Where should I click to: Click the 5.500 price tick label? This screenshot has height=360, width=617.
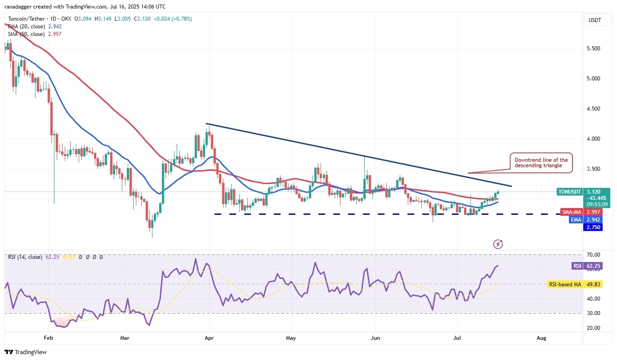[x=593, y=49]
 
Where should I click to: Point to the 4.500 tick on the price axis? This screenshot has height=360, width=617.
[x=593, y=109]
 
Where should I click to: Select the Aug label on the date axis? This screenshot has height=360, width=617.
[x=541, y=337]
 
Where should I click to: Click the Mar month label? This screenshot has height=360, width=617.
[x=125, y=337]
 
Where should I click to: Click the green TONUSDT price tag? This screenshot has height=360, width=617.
[x=569, y=191]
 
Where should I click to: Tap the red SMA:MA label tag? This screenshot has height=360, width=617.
[x=572, y=212]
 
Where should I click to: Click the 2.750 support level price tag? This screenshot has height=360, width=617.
[x=593, y=227]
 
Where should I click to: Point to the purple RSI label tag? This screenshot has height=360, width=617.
[x=577, y=266]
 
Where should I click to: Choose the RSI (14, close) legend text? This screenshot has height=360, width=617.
[x=25, y=257]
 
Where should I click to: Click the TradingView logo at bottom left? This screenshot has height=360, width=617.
[x=26, y=352]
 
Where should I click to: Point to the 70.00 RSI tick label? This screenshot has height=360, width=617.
[x=593, y=255]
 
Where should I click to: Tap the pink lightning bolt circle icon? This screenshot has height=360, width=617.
[x=498, y=244]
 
